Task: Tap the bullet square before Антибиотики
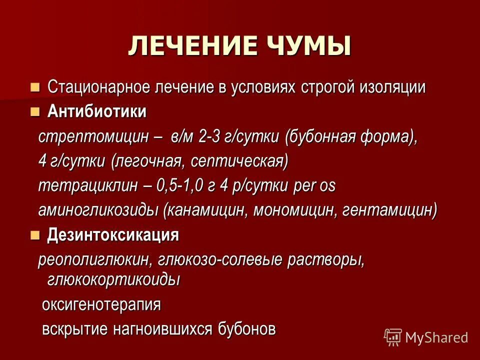tap(34, 112)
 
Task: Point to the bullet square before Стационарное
tap(34, 87)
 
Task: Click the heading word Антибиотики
tap(97, 112)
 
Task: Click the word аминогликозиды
tap(98, 210)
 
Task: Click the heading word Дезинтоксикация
tap(113, 234)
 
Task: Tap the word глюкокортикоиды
tap(113, 279)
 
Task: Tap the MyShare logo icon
tap(393, 337)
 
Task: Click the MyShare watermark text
tap(436, 337)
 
